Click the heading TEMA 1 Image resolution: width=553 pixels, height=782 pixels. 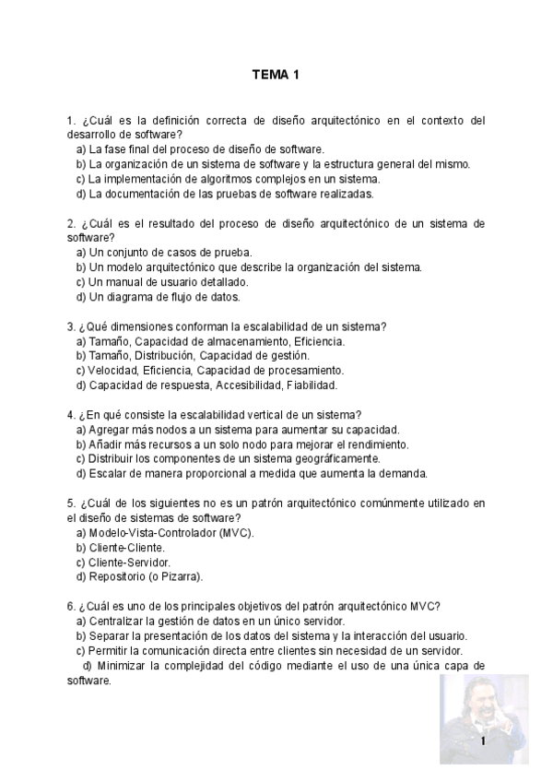(x=276, y=75)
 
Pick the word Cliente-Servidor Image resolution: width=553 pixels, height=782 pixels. (x=130, y=562)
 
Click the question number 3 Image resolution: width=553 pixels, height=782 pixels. (x=71, y=326)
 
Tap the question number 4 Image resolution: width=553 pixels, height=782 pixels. (x=71, y=415)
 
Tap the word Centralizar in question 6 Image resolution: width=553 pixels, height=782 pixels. (x=117, y=621)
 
